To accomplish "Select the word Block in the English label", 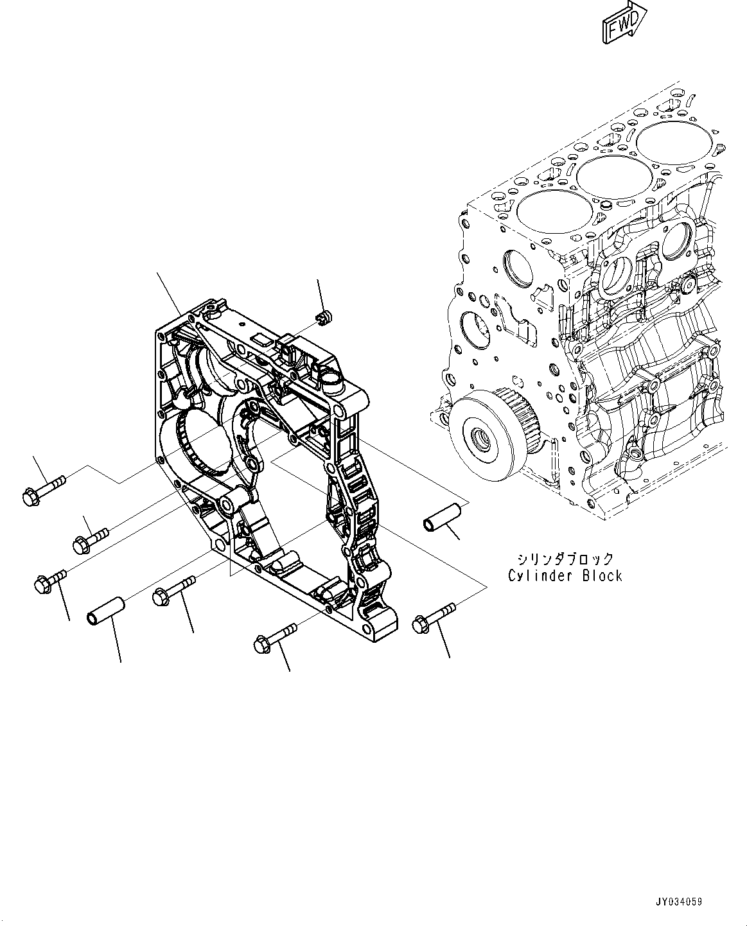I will [x=602, y=576].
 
